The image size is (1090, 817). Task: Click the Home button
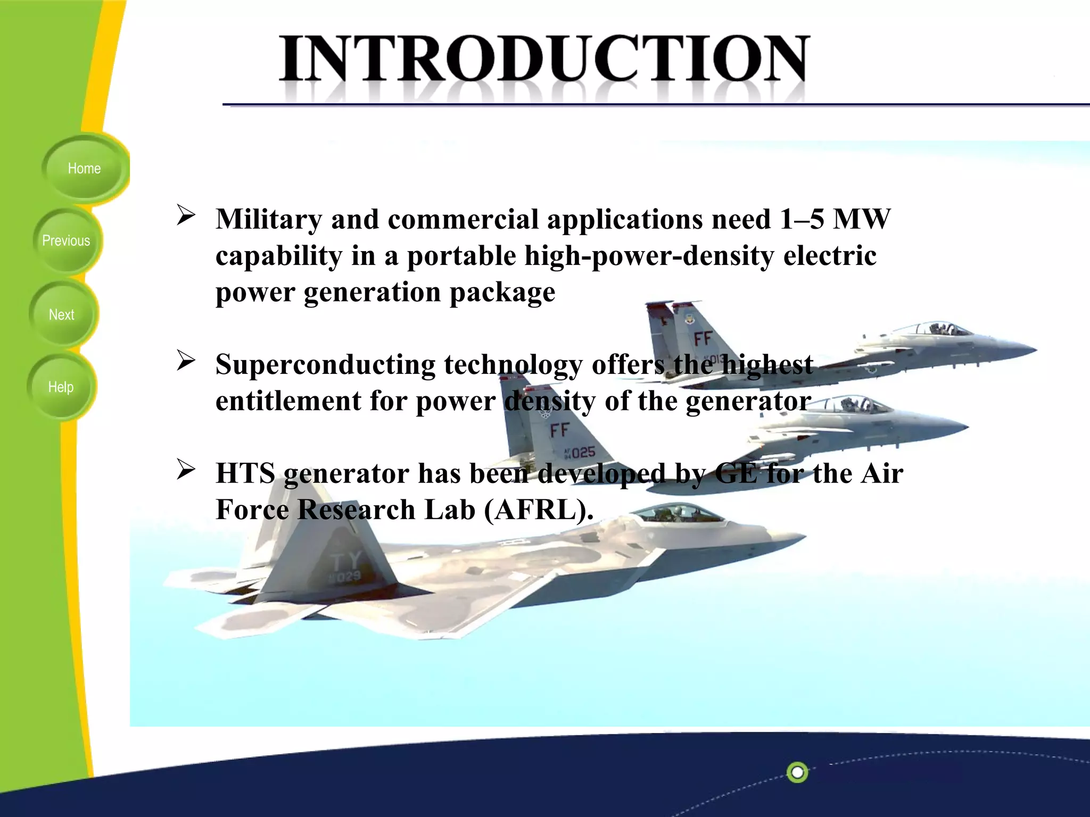84,169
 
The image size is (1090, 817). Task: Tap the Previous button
66,241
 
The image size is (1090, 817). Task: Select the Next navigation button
62,315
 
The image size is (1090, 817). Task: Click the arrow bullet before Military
186,215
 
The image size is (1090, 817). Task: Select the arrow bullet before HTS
186,470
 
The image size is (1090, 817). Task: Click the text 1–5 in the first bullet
802,219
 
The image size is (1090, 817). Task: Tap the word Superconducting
325,365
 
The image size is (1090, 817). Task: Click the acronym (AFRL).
539,510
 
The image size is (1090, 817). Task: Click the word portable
461,256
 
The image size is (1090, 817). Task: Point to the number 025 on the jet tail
583,453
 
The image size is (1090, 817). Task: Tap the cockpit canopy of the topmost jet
941,329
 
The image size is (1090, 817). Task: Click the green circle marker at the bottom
797,772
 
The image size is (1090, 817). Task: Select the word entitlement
288,401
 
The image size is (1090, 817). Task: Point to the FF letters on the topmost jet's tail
703,339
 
